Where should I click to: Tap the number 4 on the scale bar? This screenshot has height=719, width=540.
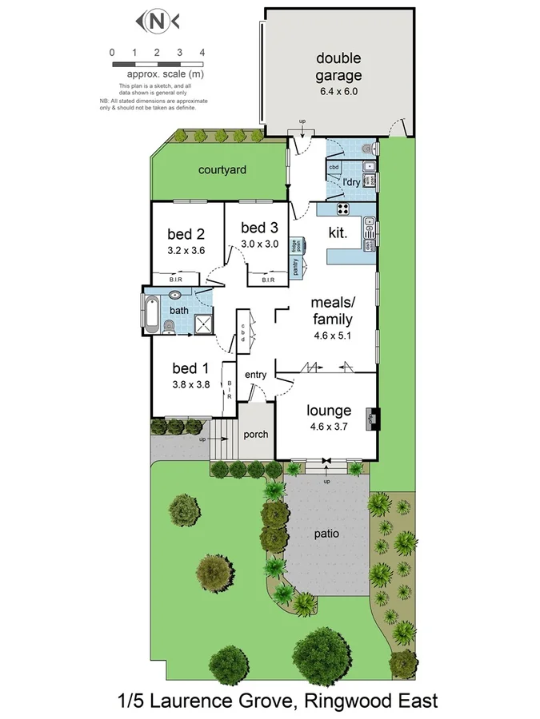pos(202,52)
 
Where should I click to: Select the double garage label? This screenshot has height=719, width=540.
pos(338,67)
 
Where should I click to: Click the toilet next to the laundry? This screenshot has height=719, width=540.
pos(367,148)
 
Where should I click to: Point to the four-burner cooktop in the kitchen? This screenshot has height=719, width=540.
pos(343,210)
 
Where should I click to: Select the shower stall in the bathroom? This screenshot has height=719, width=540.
pos(203,324)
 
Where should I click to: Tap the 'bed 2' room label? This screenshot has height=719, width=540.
pos(186,234)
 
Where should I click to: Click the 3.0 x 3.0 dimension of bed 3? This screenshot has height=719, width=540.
pos(259,244)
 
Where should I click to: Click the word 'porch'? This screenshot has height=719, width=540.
pos(256,435)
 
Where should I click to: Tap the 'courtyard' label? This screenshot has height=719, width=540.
pos(222,170)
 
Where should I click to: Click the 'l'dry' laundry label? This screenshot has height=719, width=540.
pos(352,182)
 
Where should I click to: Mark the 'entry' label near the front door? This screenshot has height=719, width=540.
pos(255,375)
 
